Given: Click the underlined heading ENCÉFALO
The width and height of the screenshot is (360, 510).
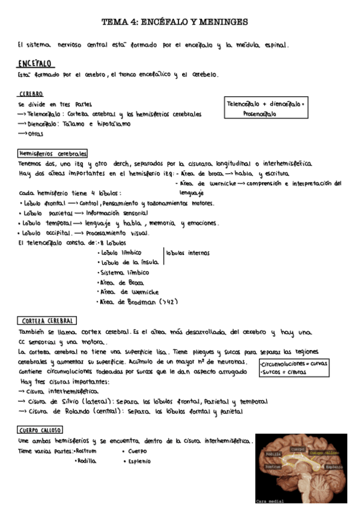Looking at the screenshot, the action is (36, 63).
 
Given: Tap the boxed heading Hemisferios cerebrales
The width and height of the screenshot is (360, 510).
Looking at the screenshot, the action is (53, 153).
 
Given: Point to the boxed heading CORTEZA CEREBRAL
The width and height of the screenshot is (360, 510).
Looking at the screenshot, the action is (46, 321).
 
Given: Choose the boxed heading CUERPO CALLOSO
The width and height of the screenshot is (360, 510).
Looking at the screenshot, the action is (39, 429).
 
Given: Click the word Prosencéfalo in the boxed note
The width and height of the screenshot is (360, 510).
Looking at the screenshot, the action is (260, 114).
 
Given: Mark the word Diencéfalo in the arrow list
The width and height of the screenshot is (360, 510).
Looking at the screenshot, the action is (44, 124).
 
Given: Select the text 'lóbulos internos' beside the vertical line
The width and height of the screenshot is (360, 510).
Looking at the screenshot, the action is (188, 253).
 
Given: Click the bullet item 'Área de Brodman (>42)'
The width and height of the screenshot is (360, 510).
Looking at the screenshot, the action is (138, 301).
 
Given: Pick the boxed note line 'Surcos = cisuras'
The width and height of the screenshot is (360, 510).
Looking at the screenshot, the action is (284, 372).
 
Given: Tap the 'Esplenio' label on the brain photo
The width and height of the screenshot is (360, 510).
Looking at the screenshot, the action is (334, 467).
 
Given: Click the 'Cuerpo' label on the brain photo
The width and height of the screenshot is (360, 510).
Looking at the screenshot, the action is (297, 449).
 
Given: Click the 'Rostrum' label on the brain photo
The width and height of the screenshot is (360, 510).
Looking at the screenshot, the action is (273, 467).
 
